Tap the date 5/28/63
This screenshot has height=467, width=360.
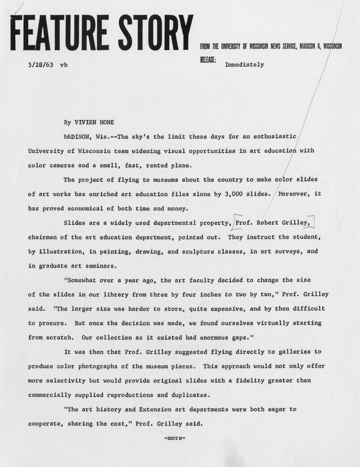click(x=41, y=65)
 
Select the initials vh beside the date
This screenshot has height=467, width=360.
click(x=64, y=65)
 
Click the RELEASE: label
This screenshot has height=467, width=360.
click(x=208, y=60)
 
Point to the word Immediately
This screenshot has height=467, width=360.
click(x=244, y=65)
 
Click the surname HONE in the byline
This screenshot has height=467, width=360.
click(x=105, y=122)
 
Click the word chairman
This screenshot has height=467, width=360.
click(x=42, y=237)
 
